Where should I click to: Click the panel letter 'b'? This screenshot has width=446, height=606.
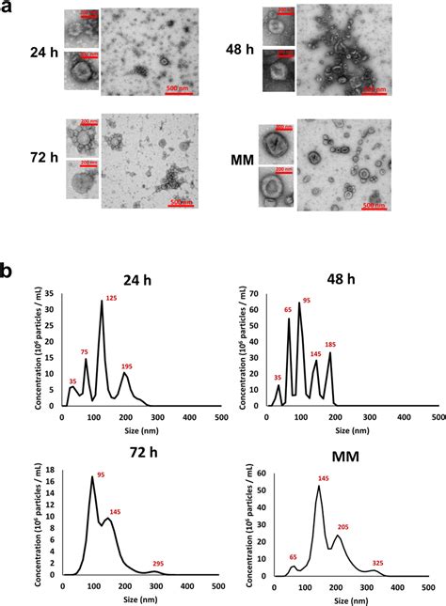pos(9,271)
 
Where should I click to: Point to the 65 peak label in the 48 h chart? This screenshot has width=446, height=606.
pos(289,309)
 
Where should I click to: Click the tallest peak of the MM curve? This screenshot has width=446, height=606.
pos(320,487)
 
